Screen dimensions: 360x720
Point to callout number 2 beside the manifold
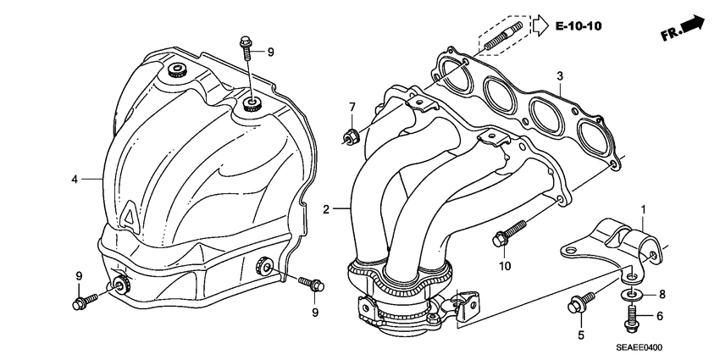pos(327,208)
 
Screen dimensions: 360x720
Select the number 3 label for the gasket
pos(559,77)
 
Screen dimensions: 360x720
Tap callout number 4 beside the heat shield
pos(75,179)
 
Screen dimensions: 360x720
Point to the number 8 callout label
pos(662,294)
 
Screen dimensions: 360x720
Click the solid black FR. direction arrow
pos(692,25)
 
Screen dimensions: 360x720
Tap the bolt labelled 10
pos(508,234)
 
